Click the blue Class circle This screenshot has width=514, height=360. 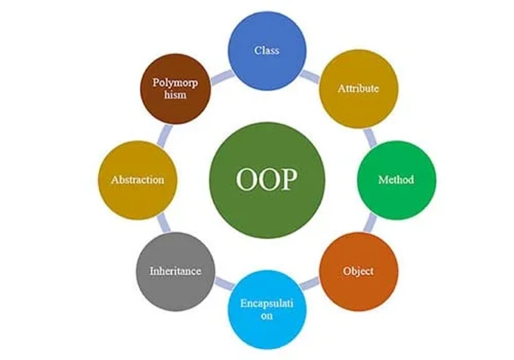click(x=267, y=51)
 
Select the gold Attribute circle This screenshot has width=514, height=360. click(x=359, y=89)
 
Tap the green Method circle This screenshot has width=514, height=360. click(x=396, y=180)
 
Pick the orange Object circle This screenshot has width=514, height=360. click(x=359, y=271)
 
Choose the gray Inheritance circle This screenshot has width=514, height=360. click(x=175, y=271)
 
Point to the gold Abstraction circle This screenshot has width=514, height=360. click(x=137, y=180)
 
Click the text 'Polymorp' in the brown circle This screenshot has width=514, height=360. click(x=175, y=83)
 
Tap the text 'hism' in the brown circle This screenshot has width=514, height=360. click(x=175, y=94)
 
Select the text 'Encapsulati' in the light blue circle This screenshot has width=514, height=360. click(x=267, y=303)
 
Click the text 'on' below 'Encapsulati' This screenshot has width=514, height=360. click(x=267, y=316)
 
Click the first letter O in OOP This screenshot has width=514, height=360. click(x=247, y=179)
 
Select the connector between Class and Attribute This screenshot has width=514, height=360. click(x=310, y=76)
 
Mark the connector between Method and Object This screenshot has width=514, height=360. click(x=370, y=222)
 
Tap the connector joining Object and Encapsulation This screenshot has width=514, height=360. click(x=310, y=283)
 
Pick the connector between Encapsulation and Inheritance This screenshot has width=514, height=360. click(x=224, y=283)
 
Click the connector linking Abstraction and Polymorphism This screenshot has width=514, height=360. click(x=164, y=136)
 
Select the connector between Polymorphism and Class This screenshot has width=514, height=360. click(x=222, y=77)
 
